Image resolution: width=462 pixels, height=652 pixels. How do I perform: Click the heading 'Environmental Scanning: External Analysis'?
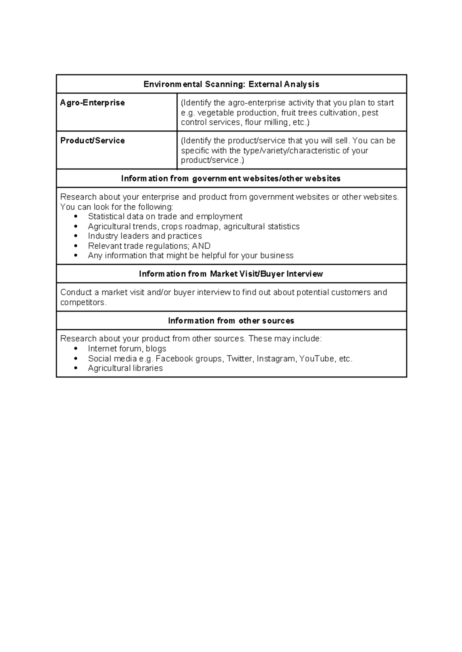click(x=231, y=84)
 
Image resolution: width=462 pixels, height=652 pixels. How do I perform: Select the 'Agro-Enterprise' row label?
click(x=92, y=103)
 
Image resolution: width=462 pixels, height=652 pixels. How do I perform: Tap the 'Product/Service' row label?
click(x=92, y=140)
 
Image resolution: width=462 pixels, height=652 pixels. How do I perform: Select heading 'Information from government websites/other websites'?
click(x=231, y=178)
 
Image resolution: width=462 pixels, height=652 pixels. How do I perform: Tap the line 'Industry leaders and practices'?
click(x=145, y=236)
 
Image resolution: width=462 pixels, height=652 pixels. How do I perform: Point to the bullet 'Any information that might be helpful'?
click(x=191, y=256)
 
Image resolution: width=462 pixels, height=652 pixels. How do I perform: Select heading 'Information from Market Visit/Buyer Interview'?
click(x=231, y=274)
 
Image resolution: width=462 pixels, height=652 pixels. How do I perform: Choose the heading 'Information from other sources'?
click(x=231, y=321)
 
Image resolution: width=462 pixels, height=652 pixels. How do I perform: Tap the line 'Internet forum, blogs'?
click(x=127, y=349)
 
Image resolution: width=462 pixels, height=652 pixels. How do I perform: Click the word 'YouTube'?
click(x=316, y=359)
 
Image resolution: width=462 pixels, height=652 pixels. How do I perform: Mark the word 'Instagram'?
click(x=276, y=359)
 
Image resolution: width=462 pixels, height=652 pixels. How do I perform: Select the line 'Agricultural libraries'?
click(x=125, y=368)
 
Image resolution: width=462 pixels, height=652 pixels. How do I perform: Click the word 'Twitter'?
click(x=239, y=359)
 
